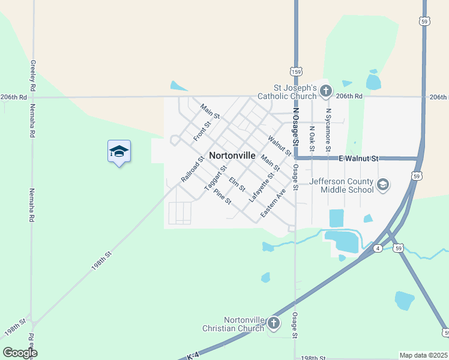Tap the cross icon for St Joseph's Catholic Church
tap(326, 92)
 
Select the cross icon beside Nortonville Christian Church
tap(274, 324)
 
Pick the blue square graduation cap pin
tap(119, 151)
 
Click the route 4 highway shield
tap(378, 248)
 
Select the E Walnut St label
tap(359, 158)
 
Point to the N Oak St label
tap(312, 139)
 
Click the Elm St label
tap(237, 184)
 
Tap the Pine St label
tap(222, 197)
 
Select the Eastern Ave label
tap(273, 204)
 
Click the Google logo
tap(20, 353)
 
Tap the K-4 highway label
tap(193, 356)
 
